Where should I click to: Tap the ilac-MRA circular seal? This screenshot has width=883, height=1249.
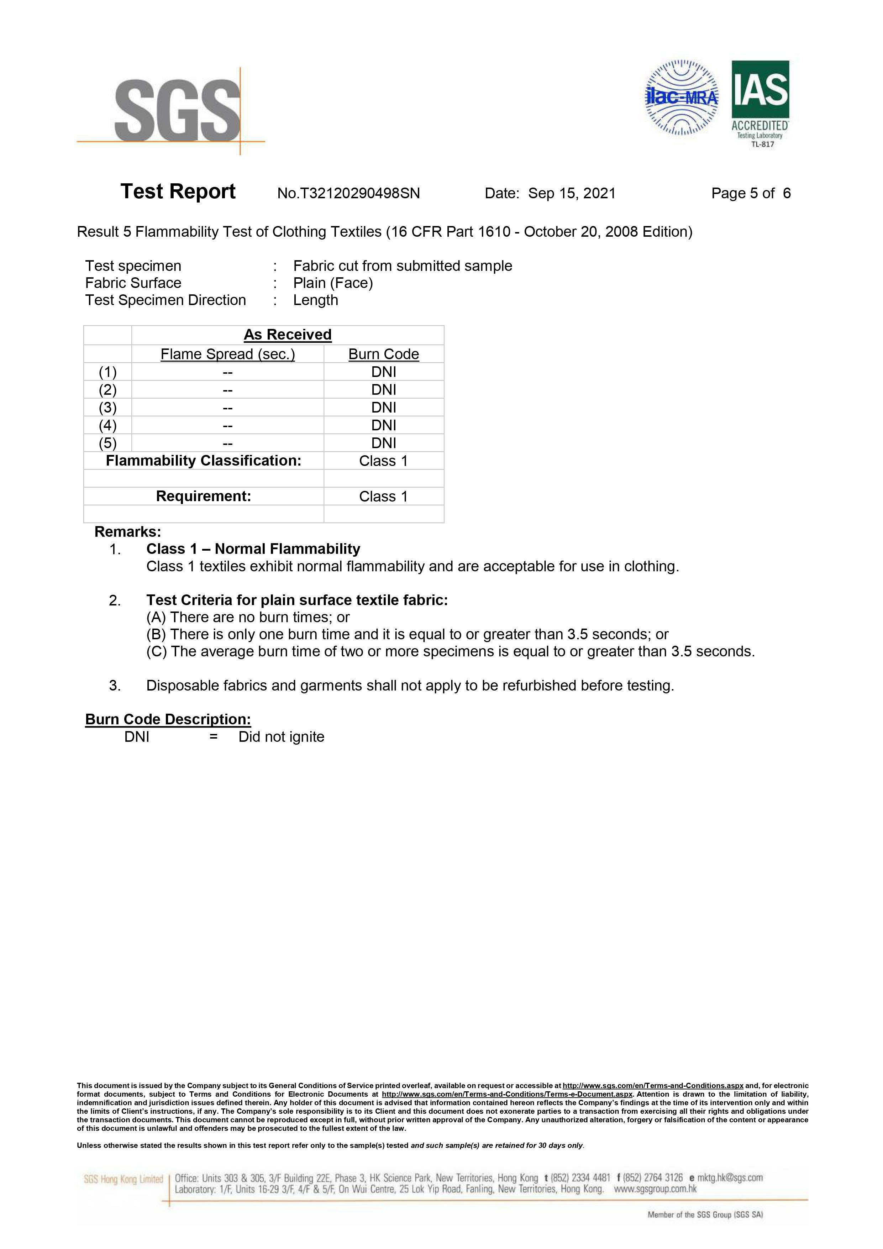(x=681, y=98)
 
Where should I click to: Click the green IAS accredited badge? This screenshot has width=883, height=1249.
(x=760, y=103)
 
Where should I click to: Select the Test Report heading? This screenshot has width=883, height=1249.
(x=178, y=192)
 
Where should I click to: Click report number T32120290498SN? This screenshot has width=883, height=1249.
(x=349, y=194)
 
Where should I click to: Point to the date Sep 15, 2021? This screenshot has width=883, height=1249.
(x=572, y=194)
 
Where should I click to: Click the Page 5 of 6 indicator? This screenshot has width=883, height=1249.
(x=751, y=194)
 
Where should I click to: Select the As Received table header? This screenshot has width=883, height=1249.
(x=287, y=335)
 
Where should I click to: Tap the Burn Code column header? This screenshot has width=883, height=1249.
(x=384, y=354)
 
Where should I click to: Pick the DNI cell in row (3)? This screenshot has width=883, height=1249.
(x=384, y=408)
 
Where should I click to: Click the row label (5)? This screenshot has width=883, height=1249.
(x=108, y=443)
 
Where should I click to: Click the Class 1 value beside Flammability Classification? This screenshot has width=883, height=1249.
(x=384, y=461)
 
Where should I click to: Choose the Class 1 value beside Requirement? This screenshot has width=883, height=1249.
(x=384, y=496)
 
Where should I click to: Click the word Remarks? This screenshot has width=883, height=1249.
(x=128, y=531)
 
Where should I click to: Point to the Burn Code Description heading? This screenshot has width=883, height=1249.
(x=168, y=719)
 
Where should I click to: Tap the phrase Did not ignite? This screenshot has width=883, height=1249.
(x=281, y=737)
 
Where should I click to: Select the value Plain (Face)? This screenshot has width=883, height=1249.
(x=333, y=283)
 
